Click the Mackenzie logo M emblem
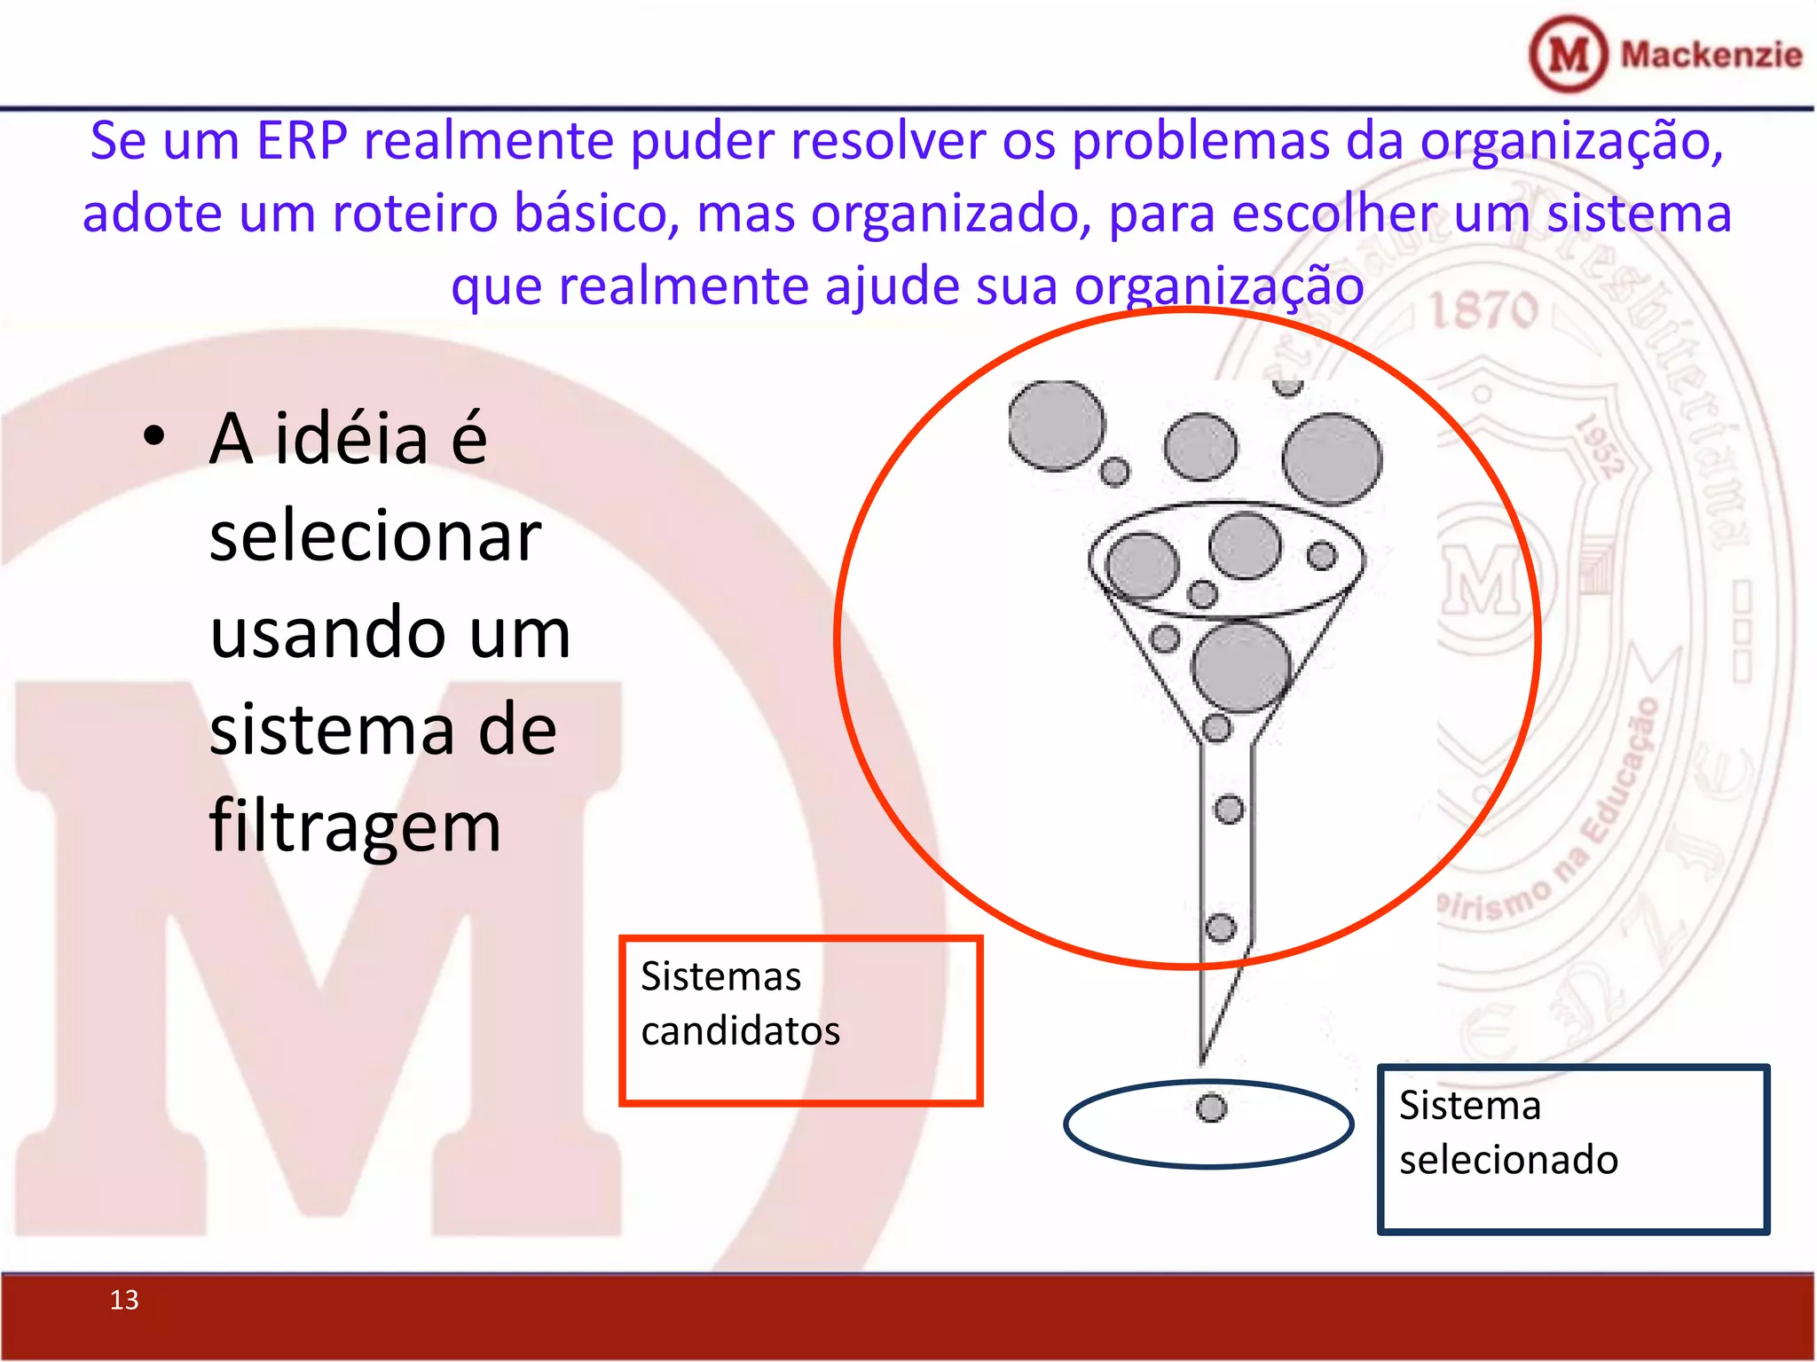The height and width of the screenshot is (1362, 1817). tap(1569, 55)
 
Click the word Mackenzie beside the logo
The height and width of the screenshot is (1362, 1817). tap(1711, 55)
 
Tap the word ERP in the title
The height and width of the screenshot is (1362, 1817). tap(302, 142)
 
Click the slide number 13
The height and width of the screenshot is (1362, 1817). tap(124, 1300)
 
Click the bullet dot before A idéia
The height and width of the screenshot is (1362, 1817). tap(154, 436)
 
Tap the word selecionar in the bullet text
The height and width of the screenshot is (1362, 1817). tap(374, 537)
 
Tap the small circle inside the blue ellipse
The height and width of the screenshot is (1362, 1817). tap(1211, 1108)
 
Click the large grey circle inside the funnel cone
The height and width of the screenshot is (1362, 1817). tap(1240, 667)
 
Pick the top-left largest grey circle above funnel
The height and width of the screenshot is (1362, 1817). tap(1057, 426)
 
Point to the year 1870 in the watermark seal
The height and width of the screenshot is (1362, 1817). tap(1483, 310)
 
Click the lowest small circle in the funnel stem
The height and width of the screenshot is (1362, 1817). tap(1221, 928)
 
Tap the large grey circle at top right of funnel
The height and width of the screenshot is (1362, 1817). tap(1332, 459)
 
